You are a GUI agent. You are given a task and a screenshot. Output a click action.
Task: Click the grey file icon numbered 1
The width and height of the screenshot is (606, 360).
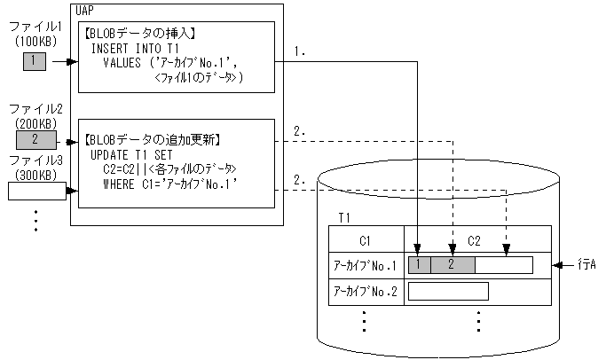33,62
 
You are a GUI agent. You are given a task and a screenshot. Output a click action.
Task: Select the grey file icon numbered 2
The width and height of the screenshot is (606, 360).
35,139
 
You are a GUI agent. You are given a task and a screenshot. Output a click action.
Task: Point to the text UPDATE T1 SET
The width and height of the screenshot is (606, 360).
131,154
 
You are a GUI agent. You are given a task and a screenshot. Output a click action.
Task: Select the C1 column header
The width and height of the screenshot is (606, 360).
366,239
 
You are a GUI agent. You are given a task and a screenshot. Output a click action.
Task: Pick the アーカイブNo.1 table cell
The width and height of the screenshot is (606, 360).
366,265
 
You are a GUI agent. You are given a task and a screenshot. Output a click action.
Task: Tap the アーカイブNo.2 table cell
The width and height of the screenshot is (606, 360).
366,291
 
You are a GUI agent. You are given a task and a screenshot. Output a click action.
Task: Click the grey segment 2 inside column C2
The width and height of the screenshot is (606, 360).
453,264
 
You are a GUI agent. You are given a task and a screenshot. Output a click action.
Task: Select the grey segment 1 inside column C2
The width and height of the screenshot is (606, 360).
419,264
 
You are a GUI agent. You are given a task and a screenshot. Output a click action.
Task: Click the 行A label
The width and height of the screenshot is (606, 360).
585,264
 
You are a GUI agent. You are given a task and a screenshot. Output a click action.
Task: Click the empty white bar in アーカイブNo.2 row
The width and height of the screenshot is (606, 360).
448,291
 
